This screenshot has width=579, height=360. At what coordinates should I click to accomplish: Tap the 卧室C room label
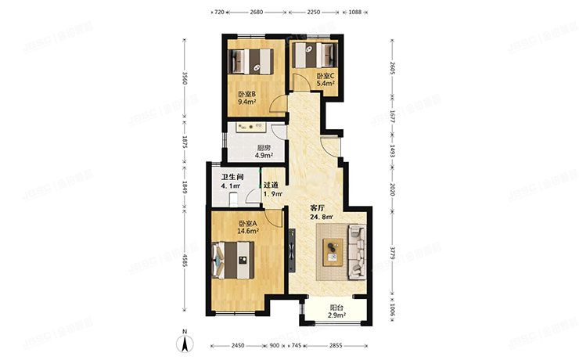tap(325, 75)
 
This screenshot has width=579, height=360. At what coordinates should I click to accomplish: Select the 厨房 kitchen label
tap(264, 148)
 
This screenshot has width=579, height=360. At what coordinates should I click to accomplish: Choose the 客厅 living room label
tap(317, 208)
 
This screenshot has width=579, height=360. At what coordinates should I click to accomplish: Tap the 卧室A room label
tap(248, 223)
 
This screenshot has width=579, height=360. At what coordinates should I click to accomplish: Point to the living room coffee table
tap(333, 251)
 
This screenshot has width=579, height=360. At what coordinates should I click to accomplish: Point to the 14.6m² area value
tap(248, 232)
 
